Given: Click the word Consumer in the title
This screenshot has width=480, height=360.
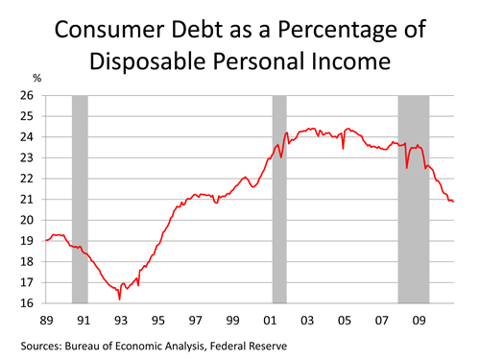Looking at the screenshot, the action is point(109,30).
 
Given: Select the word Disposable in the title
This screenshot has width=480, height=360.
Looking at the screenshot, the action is point(148,61).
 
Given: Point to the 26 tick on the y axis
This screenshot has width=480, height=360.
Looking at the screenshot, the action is point(27,95).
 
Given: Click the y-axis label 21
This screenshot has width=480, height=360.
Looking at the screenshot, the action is point(27,200).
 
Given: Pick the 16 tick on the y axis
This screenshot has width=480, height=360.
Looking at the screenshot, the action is point(27,303).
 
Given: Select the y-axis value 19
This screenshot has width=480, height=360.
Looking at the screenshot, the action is point(27,241).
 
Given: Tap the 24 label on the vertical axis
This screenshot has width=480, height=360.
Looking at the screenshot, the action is point(27,137).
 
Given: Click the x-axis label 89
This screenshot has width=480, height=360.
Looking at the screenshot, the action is point(46,321).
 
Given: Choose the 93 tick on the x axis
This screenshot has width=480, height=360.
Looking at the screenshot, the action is point(121,321).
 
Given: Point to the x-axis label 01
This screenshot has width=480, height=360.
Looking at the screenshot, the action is point(270,321).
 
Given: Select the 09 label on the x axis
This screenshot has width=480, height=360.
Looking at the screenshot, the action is point(419,321).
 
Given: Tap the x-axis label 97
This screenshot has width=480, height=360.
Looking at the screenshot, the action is point(195,321).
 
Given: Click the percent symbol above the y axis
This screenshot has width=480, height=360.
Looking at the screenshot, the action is point(37,78).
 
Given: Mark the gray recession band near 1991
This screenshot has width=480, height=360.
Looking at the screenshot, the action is point(80,199).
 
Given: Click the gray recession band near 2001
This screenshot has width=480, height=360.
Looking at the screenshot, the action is point(279,199).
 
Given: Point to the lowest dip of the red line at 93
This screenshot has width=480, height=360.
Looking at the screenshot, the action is point(119,300).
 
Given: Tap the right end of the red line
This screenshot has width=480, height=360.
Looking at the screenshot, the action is point(453,202).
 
